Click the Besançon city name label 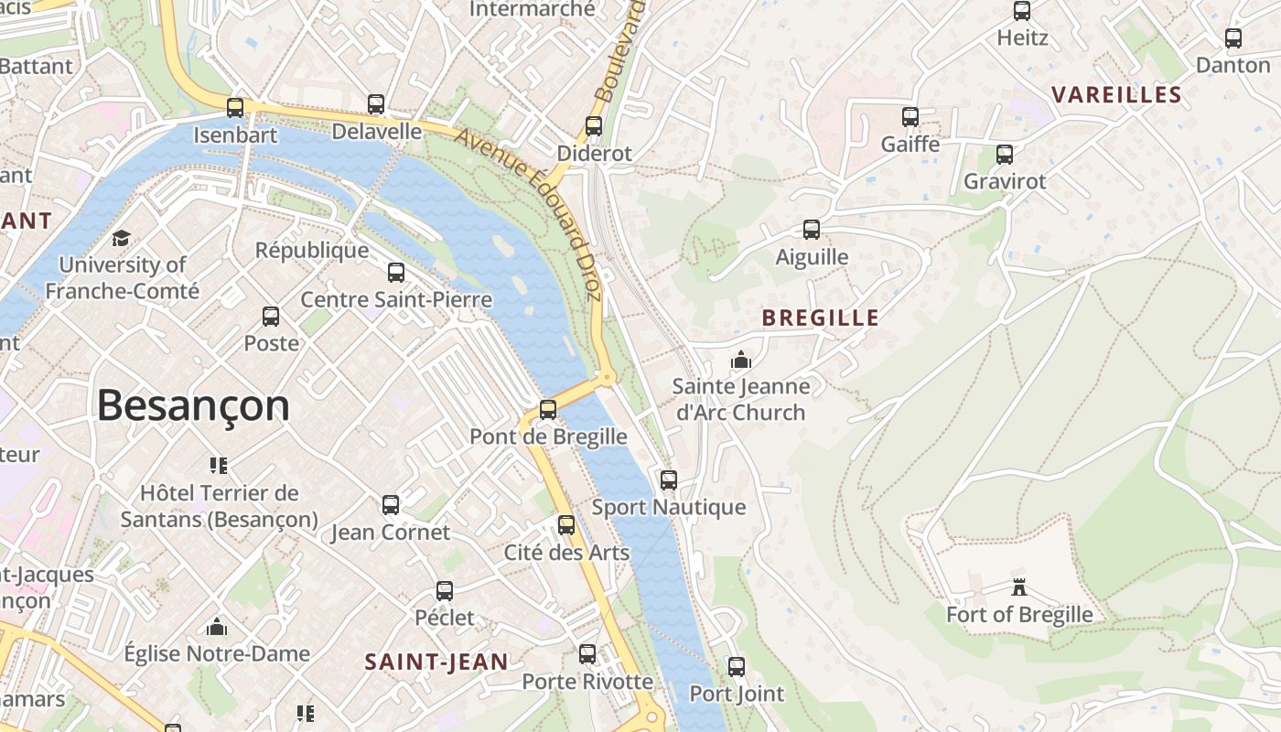193,405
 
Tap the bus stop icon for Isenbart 235,108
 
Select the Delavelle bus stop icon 376,104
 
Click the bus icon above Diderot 594,126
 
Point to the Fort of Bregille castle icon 1018,587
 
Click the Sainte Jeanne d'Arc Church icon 741,360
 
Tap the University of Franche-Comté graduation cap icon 121,239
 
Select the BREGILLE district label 820,318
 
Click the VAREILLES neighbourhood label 1116,95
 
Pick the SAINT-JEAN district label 436,662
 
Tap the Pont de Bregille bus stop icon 548,410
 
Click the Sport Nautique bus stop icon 669,479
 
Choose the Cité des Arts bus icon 566,525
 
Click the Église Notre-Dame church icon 217,627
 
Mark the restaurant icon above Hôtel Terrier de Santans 218,466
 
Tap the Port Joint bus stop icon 737,666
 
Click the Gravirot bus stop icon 1005,154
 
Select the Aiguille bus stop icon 812,230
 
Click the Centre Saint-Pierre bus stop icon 396,273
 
